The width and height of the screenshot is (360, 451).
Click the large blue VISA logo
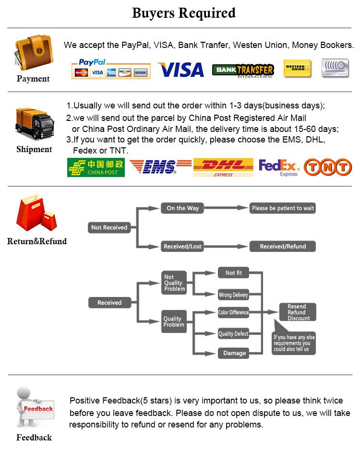coord(181,70)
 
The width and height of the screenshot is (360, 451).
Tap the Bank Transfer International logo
coord(243,70)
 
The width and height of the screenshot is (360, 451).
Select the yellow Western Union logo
coord(297,68)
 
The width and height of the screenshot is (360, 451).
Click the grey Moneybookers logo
coord(335,68)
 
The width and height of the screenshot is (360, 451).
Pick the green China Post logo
coord(96,167)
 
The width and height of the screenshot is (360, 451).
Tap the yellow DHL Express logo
coord(223,167)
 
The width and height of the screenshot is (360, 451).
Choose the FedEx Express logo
coord(279,167)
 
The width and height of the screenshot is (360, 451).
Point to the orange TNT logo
coord(328,167)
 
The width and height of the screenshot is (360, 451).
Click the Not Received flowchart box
coord(109,227)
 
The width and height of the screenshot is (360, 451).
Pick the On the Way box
coord(182,208)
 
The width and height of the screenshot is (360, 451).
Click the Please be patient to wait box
coord(283,208)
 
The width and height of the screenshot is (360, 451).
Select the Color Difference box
coord(233,312)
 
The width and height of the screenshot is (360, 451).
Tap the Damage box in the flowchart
coord(234,353)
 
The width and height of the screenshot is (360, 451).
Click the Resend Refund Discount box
coord(299,312)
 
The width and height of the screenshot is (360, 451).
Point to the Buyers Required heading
coord(183,13)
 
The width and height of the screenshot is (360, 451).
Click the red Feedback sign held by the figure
coord(38,409)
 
